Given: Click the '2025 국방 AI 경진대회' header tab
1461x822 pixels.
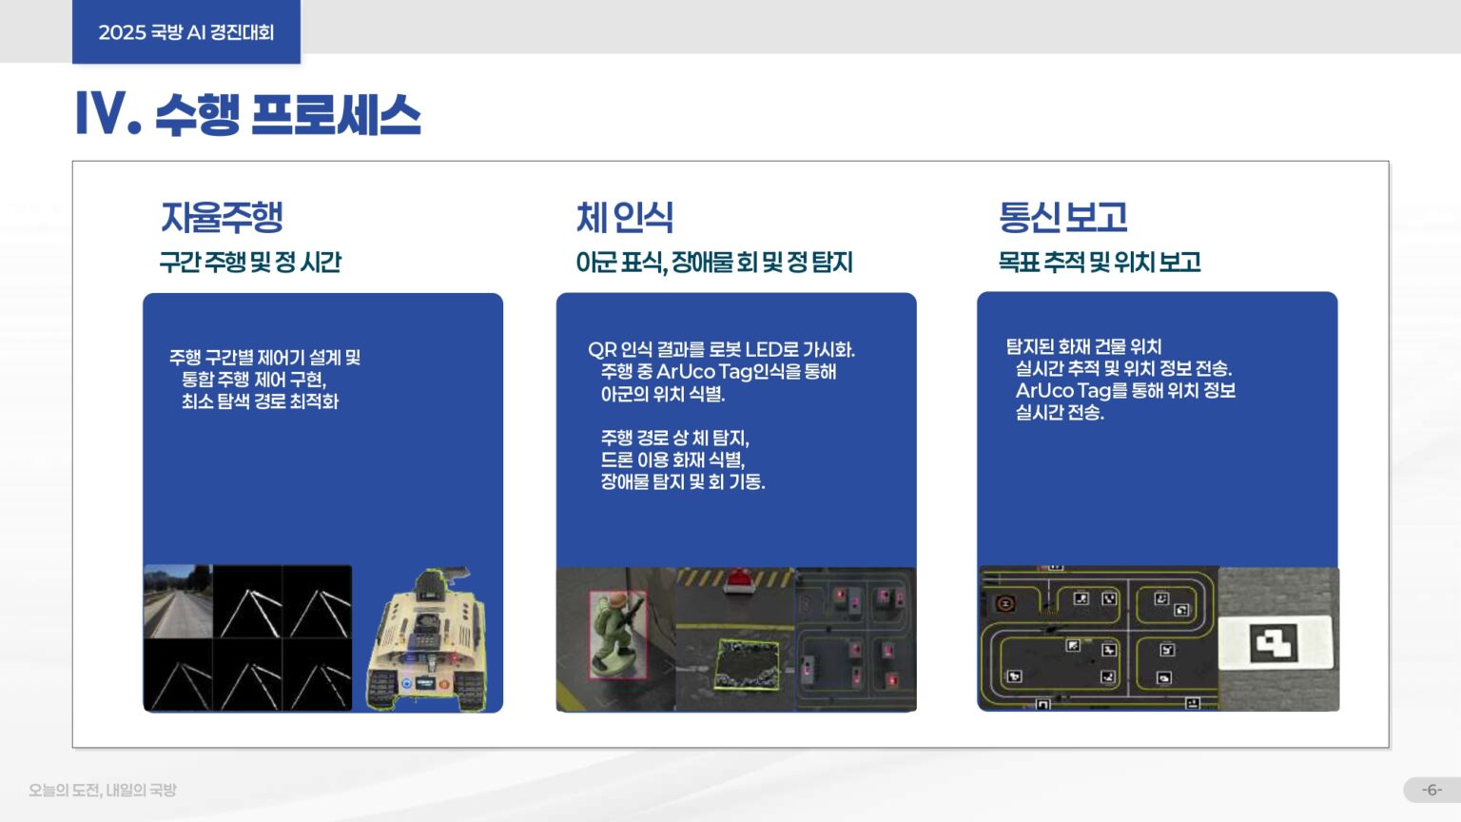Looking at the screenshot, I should click(186, 32).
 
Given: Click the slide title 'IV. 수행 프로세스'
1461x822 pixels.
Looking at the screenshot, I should click(247, 114).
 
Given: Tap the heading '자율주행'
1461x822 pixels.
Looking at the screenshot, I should click(222, 217).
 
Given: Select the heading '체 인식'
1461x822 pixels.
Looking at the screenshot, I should click(624, 217).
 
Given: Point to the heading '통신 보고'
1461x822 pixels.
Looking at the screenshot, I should click(1062, 217).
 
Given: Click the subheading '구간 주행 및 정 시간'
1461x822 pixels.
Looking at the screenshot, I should click(250, 262).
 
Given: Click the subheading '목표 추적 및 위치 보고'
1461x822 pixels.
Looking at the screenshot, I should click(1099, 262).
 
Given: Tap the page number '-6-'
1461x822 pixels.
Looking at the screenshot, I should click(1432, 790).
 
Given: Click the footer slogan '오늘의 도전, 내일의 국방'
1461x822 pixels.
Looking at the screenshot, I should click(103, 790).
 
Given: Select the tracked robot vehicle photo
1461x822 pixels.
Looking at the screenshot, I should click(428, 639).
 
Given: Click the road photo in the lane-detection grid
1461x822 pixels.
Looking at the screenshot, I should click(178, 601).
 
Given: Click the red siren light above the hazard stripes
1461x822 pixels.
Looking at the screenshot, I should click(738, 578).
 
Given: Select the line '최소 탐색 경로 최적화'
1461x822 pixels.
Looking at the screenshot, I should click(260, 401).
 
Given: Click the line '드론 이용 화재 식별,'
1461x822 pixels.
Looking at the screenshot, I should click(672, 460).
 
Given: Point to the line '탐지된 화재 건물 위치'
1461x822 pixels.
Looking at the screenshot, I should click(1083, 346).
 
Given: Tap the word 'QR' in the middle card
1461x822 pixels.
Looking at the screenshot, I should click(601, 349).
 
